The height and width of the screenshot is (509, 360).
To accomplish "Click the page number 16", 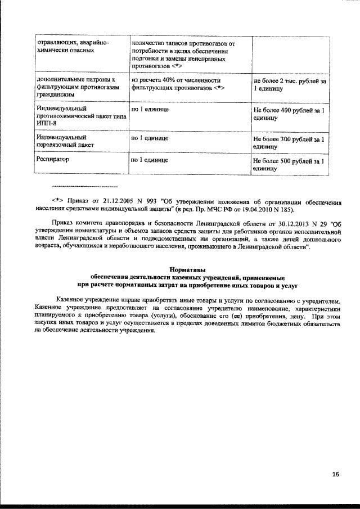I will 335,475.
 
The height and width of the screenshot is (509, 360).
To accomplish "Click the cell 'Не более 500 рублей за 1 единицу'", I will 289,164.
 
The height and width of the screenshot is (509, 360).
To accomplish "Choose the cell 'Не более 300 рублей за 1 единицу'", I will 289,142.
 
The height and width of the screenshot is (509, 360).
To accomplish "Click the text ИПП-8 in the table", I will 46,123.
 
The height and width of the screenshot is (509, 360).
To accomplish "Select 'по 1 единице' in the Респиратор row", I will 150,160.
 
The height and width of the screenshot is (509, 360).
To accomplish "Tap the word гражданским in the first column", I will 55,96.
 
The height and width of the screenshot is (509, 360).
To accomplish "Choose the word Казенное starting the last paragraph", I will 70,301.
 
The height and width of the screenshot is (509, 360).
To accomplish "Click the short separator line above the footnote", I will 84,186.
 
